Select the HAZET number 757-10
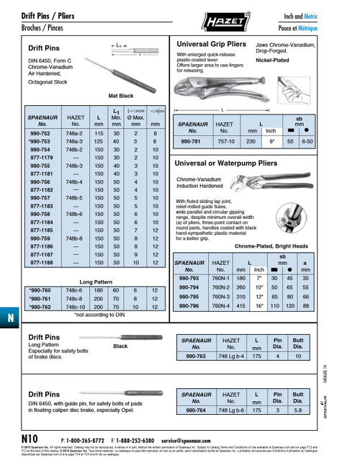tap(223, 143)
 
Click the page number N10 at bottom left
tap(30, 439)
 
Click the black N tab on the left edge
tap(7, 318)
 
